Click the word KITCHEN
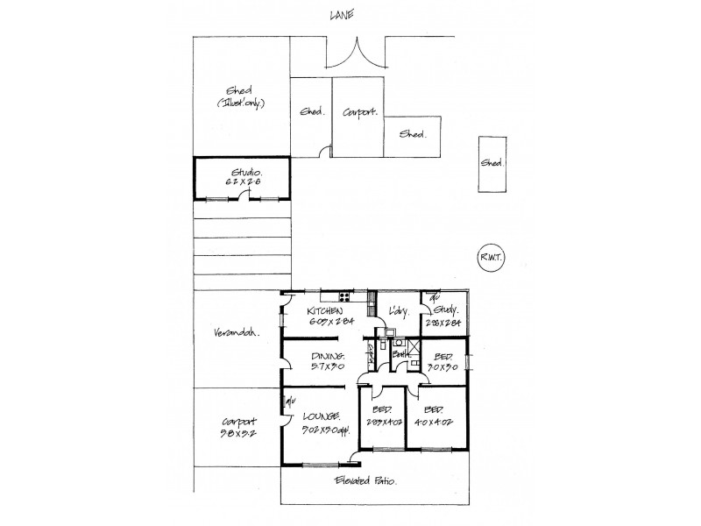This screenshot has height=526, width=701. pyautogui.click(x=324, y=311)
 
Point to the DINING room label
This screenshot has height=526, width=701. pyautogui.click(x=328, y=356)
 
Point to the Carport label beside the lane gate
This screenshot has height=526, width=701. pyautogui.click(x=359, y=112)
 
